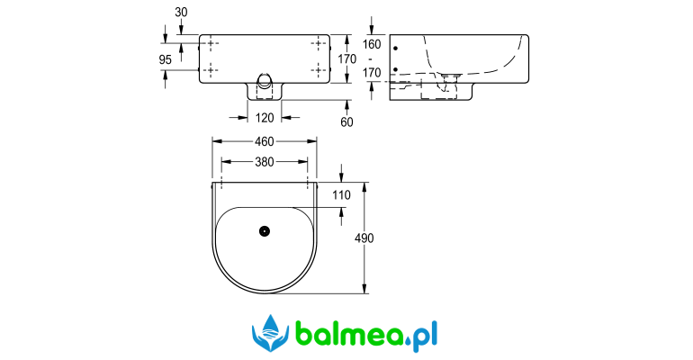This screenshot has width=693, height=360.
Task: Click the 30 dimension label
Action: (x=181, y=13)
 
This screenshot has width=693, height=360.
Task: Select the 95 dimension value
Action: (x=165, y=59)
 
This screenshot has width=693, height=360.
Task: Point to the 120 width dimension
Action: (x=265, y=118)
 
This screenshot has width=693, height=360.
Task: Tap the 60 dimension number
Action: (x=346, y=122)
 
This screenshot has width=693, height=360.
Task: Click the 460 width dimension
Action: (x=265, y=141)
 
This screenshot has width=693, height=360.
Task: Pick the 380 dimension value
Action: (x=265, y=162)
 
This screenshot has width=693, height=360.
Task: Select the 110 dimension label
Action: (x=341, y=195)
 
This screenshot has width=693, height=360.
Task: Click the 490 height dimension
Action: (x=364, y=238)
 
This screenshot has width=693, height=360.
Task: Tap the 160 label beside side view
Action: (x=372, y=45)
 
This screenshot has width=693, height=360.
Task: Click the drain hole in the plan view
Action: (x=265, y=231)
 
